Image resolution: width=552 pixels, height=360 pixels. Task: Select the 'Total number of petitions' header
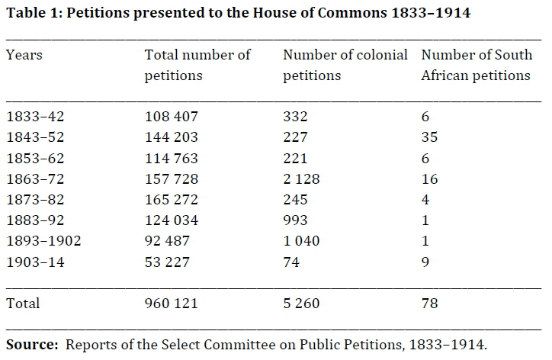tap(197, 66)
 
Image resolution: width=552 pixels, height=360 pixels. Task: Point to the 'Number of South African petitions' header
tap(477, 66)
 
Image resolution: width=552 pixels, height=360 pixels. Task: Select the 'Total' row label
tap(22, 303)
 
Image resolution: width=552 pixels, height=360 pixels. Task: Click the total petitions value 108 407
tap(172, 117)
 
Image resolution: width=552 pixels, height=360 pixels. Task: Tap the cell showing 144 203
tap(172, 138)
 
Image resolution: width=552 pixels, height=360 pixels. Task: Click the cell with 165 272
tap(172, 200)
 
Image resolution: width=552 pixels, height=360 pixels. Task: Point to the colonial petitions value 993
tap(295, 220)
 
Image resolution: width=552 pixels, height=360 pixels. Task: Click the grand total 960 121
tap(172, 303)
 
